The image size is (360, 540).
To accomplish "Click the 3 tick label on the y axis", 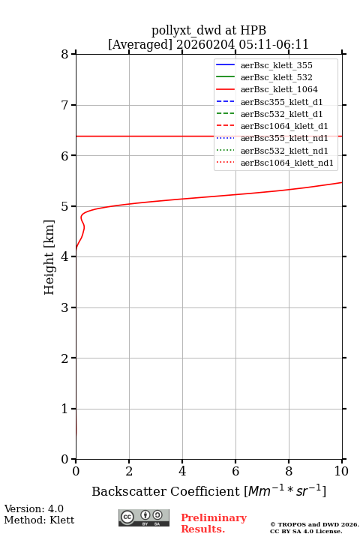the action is pos(64,307).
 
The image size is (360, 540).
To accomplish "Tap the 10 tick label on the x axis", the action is pos(341,471).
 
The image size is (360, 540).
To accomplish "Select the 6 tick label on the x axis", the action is pos(235,471).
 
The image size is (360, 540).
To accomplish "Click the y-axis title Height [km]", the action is pos(49,257).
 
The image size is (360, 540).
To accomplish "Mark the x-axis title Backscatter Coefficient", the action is pos(165,491).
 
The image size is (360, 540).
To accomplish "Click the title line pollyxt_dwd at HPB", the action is pos(208,30).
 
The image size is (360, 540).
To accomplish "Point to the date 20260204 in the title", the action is pos(205,44).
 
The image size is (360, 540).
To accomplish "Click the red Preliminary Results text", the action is pos(214,523).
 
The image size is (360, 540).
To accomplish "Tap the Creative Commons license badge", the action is pos(144,517).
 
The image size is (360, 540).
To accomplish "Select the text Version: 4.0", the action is pos(34,508).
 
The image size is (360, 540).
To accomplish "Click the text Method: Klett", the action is pos(39,520).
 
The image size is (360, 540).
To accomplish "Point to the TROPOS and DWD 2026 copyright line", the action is pos(314,524).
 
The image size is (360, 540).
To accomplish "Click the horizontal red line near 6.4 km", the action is pos(209,136).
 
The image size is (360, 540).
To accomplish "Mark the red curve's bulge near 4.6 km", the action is pos(84,227).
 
